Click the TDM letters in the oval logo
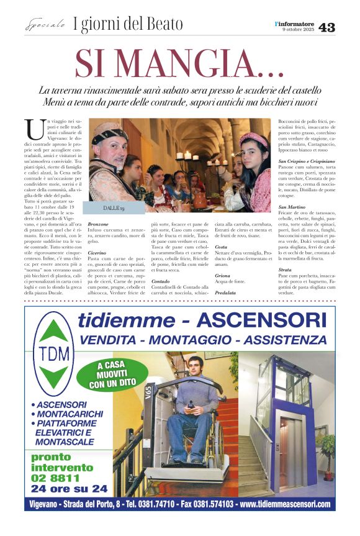[53, 356]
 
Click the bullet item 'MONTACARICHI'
[68, 413]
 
